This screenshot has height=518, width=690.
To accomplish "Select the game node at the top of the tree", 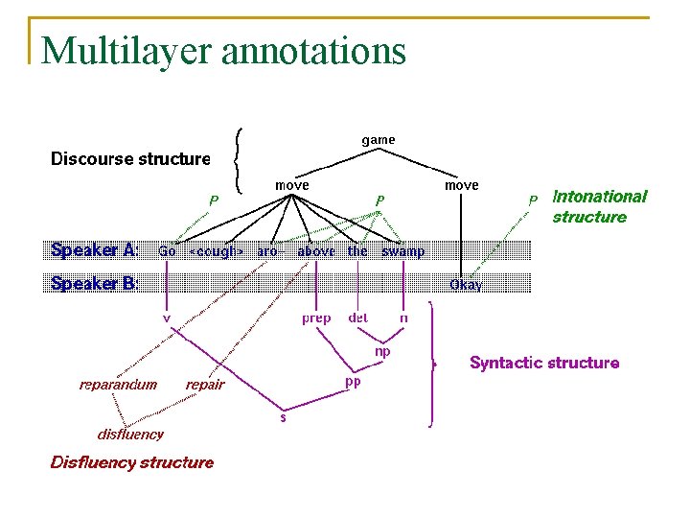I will (x=378, y=140).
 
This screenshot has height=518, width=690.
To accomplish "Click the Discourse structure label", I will (x=130, y=159).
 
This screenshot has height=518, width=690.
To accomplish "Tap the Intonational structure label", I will (x=599, y=206).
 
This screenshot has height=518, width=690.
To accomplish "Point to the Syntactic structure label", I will (x=543, y=363).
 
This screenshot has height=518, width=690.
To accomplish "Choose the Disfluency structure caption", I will (x=132, y=462).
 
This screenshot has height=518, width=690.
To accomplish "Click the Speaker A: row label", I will (x=94, y=250).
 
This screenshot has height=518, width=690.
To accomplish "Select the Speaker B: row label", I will (x=94, y=283).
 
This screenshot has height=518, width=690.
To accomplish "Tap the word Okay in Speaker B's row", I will (x=466, y=285).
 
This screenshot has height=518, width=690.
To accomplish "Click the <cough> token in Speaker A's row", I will (x=216, y=251).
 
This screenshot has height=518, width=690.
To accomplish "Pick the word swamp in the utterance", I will (x=402, y=251).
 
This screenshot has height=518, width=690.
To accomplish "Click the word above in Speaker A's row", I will (x=316, y=251).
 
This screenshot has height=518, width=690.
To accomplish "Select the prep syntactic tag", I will (x=316, y=318).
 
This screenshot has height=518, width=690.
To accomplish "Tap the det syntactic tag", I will (x=357, y=318).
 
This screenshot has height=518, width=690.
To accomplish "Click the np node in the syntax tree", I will (x=381, y=351).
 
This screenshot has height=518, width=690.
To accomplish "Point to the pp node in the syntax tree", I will (x=353, y=382).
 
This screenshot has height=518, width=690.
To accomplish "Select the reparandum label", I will (x=118, y=385).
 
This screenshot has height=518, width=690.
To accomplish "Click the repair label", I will (x=205, y=385).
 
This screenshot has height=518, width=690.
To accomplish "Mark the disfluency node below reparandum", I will (x=130, y=434).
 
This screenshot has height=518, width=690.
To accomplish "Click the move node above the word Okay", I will (x=461, y=184).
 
